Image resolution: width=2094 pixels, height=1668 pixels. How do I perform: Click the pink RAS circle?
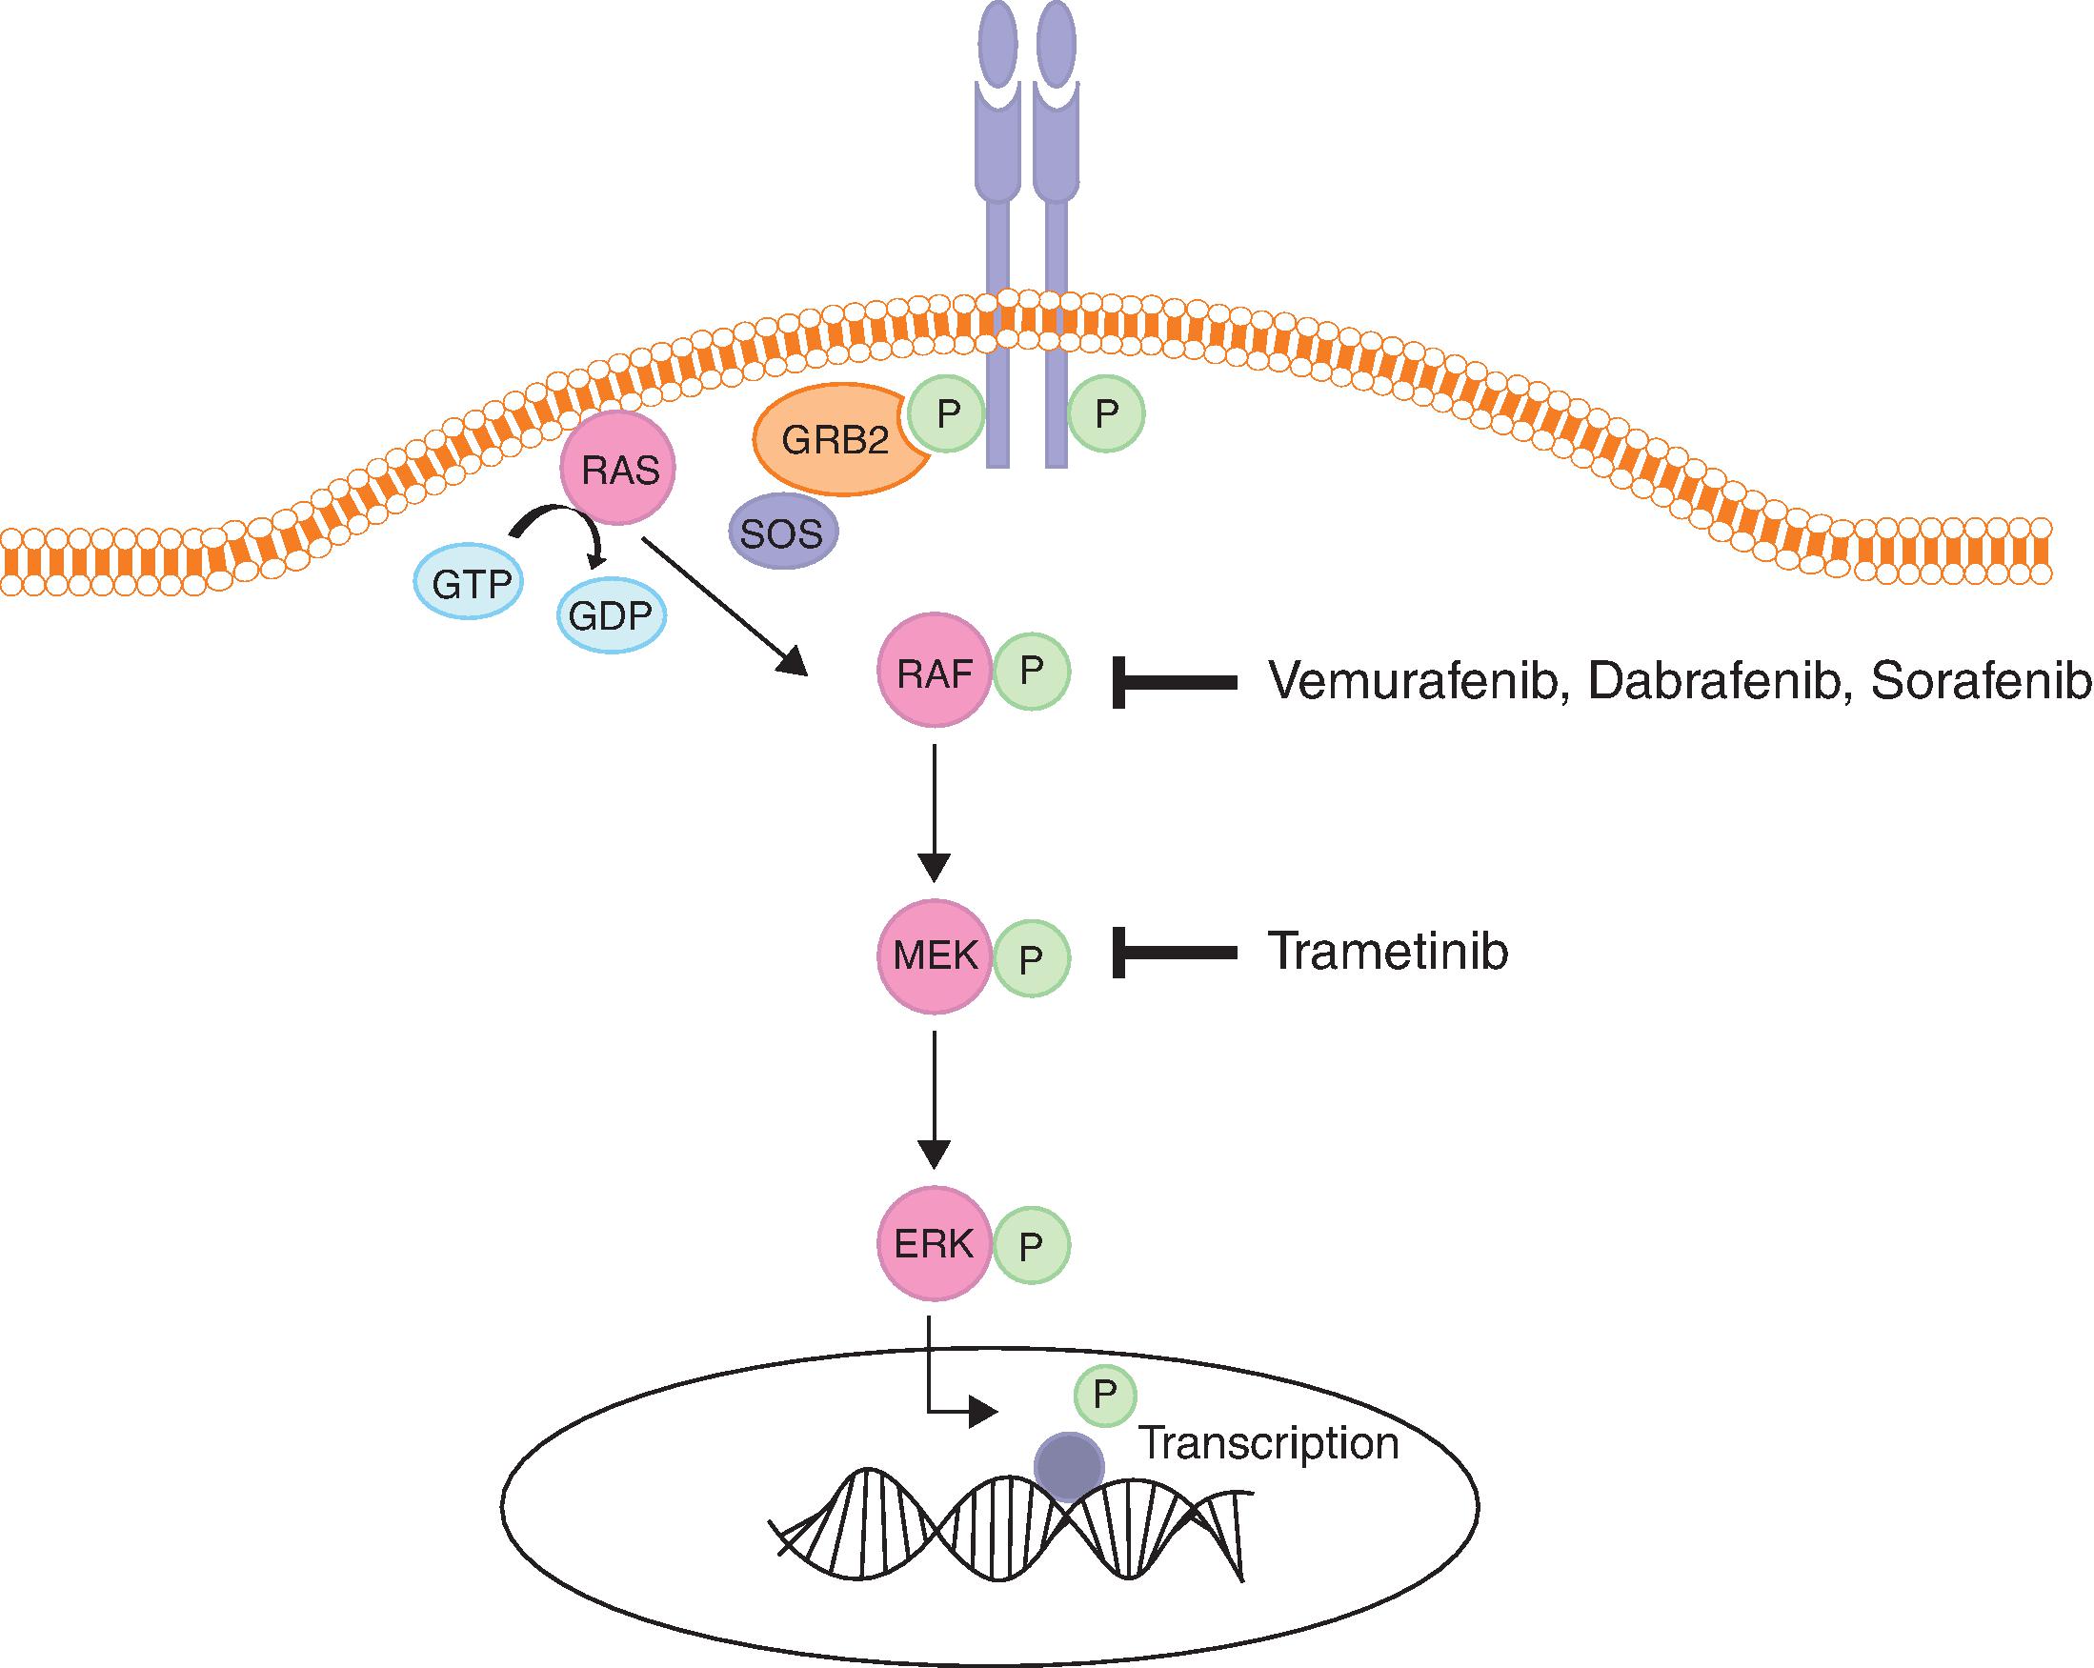618,469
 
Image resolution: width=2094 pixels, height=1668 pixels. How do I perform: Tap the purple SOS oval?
782,533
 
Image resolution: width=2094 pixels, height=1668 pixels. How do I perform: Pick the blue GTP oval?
470,584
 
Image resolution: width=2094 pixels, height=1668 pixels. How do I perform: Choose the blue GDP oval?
610,616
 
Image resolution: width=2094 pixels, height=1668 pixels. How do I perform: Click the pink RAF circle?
935,671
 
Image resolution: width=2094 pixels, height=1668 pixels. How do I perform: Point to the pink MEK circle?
935,956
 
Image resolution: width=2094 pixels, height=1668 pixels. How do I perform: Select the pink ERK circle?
935,1244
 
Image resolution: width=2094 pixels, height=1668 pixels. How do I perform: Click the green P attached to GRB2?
947,414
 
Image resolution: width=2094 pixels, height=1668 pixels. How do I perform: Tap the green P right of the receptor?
1106,414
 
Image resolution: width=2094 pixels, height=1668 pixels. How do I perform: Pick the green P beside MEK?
1032,958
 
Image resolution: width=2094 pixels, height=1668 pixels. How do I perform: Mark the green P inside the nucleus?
1105,1396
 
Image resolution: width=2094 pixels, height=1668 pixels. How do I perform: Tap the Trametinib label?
1388,953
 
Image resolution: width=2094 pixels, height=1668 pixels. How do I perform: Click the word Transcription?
1268,1444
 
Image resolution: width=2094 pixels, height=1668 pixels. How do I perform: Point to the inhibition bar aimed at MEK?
1176,954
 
